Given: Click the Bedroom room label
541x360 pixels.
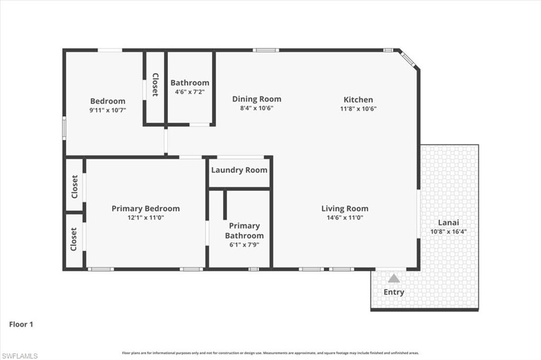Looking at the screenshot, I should tap(108, 101).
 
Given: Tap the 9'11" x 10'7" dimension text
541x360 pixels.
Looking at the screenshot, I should tap(108, 110).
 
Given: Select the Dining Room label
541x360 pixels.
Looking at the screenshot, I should tap(257, 99).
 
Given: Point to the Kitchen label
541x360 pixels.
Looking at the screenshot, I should tap(358, 99).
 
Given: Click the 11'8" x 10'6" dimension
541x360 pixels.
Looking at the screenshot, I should tap(358, 108).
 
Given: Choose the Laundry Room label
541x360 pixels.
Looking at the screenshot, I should tap(239, 170).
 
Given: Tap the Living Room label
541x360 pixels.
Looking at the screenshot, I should tap(345, 209).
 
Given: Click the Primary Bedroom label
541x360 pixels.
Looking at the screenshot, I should tap(145, 209).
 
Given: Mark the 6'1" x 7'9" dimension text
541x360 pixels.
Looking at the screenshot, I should tap(244, 244).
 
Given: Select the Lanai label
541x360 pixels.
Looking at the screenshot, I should tap(448, 222).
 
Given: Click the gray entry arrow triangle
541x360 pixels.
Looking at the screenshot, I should tap(394, 279).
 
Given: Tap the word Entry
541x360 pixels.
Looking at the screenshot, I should tap(394, 292).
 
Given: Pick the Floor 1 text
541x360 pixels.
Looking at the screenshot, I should tap(21, 324).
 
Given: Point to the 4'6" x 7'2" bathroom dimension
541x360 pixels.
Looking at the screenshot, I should tap(190, 92).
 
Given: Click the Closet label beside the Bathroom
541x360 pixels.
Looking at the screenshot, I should tap(155, 84).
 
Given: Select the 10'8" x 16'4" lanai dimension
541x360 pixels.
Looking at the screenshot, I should tap(448, 231).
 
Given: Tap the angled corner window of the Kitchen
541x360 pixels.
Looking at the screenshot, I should tap(408, 60).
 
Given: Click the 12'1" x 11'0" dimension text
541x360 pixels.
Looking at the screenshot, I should tap(145, 217).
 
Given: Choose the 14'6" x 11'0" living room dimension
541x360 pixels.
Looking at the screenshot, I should tap(345, 217).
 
